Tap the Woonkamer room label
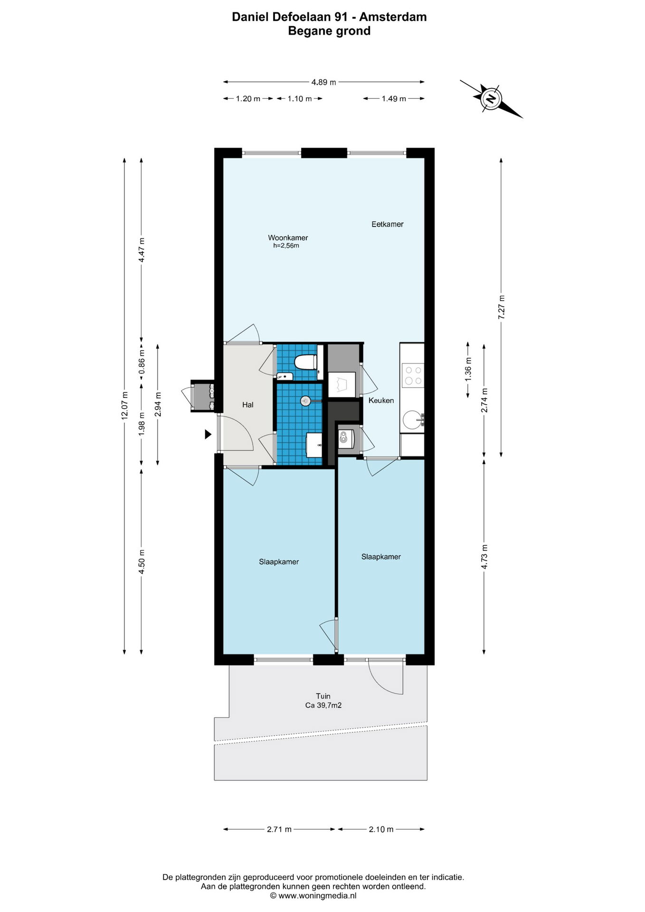click(288, 237)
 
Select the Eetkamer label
click(387, 224)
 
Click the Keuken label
click(381, 400)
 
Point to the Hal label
click(247, 405)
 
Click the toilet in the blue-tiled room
click(305, 362)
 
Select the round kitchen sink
click(412, 420)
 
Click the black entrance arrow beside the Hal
click(208, 434)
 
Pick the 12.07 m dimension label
click(124, 405)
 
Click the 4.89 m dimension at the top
click(323, 82)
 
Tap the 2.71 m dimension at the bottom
click(279, 829)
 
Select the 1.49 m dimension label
click(394, 99)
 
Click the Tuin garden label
click(323, 696)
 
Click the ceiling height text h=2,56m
click(286, 246)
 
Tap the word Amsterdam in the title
click(393, 17)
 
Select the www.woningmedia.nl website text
click(317, 895)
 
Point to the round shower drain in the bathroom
click(305, 401)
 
